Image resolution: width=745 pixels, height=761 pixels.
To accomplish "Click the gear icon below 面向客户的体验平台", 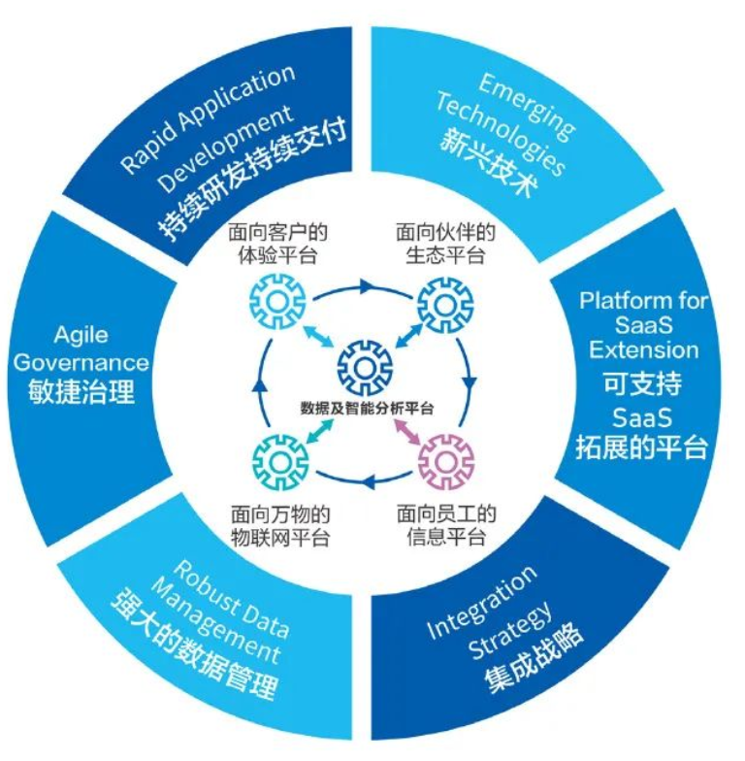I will tap(278, 303).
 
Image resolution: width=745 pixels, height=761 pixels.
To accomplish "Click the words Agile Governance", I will tap(82, 349).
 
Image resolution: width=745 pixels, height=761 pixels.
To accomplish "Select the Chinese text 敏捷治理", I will tap(82, 393).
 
